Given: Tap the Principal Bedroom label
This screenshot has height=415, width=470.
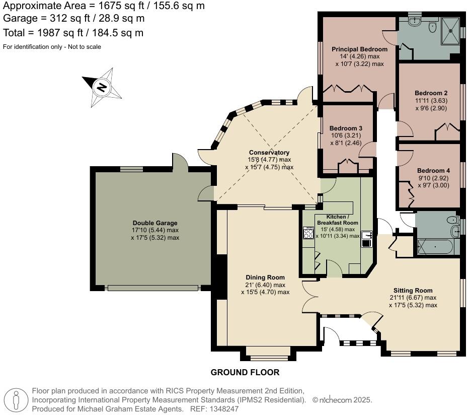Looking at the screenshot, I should (359, 49).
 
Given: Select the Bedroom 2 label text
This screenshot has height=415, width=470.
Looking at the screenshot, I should (431, 93).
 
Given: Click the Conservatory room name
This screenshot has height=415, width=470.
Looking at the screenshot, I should (269, 153).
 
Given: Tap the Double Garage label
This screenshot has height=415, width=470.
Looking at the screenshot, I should (154, 223).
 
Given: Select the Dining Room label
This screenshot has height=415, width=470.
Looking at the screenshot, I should (265, 278).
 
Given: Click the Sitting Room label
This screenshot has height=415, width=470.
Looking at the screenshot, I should (413, 291).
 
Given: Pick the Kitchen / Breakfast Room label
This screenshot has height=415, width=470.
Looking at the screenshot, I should (337, 219).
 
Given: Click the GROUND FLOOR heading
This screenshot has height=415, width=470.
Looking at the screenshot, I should (245, 373).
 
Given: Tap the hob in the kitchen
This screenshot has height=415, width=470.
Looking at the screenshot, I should (307, 233).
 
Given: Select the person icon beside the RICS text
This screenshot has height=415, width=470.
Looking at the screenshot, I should (16, 400).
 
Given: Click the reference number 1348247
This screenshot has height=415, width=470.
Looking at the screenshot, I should (226, 409).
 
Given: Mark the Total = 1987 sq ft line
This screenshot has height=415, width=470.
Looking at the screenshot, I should (73, 33).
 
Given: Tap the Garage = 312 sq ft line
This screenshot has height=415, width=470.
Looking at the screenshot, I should (74, 19).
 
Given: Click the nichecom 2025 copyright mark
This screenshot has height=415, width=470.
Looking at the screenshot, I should (342, 400).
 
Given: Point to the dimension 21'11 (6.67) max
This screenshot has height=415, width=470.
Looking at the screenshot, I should (413, 298).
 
